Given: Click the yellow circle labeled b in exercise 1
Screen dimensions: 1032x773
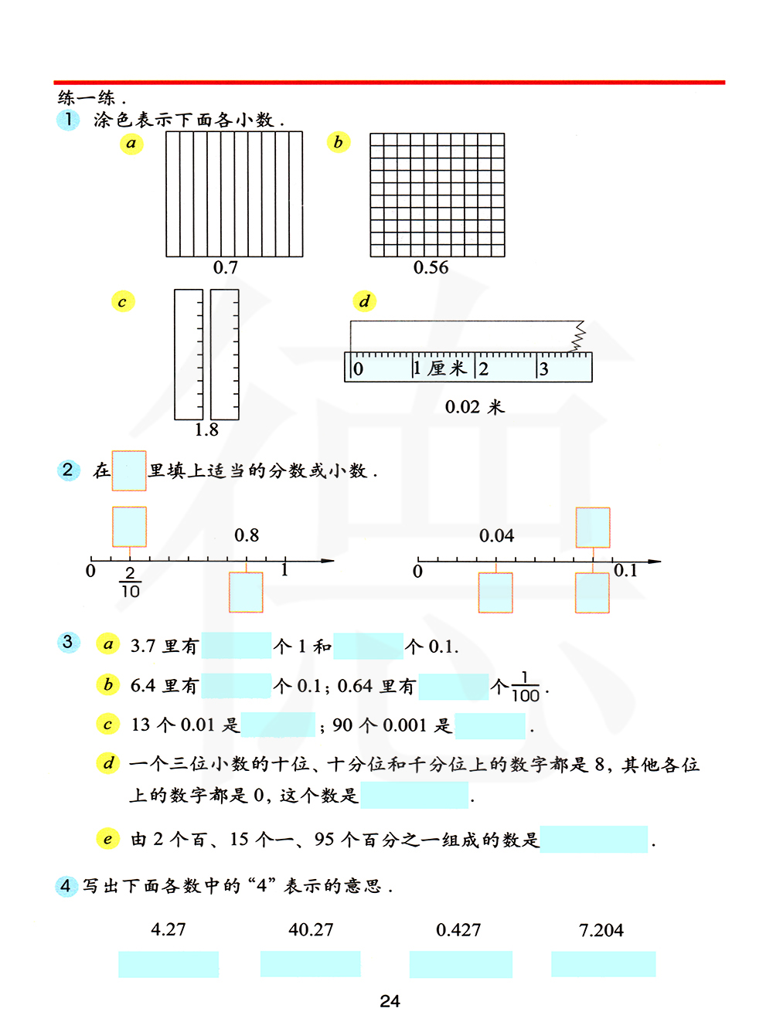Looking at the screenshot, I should point(338,142).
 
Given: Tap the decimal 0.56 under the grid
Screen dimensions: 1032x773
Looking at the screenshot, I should point(431,268).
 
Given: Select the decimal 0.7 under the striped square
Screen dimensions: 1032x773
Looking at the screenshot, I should point(226,268).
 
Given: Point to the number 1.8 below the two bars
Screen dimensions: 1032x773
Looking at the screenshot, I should point(206,430).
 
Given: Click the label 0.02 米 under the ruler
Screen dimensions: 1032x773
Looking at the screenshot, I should point(475,407).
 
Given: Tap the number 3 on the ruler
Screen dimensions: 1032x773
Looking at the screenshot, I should point(543,369).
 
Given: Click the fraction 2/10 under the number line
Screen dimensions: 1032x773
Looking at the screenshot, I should point(130,582).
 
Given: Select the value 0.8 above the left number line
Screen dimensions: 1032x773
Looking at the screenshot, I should point(247,535).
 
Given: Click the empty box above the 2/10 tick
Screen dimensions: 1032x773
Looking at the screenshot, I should point(130,527).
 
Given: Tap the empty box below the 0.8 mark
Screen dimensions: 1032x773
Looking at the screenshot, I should point(246,592).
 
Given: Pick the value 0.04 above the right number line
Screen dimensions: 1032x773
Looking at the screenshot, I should point(496,536).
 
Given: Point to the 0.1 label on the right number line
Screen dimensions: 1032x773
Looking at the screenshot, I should point(625,571).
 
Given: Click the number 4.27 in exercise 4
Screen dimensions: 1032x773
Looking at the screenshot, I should point(169,929).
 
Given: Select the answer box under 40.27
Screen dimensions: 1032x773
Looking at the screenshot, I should point(311,964).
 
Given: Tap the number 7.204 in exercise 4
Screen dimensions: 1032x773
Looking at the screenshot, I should point(601,930).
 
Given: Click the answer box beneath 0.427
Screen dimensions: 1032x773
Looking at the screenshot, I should point(461,964).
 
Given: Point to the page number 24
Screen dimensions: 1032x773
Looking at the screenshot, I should point(390,1001).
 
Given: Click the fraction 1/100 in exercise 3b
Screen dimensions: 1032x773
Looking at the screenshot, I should point(526,687).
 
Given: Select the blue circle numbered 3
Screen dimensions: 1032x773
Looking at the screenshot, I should point(68,642).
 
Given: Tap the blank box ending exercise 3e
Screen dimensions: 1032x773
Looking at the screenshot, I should point(594,839).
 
